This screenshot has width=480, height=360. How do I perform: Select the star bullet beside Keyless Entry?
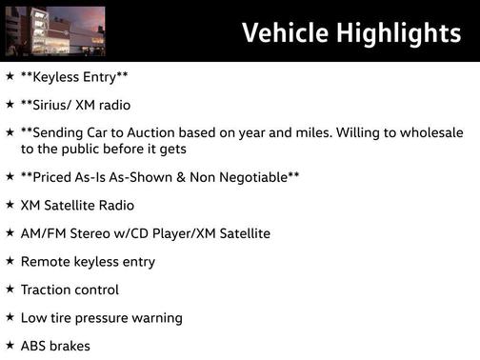[x=10, y=75]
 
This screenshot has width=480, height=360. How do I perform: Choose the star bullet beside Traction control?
[x=10, y=290]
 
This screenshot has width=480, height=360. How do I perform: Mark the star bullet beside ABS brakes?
[x=10, y=347]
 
